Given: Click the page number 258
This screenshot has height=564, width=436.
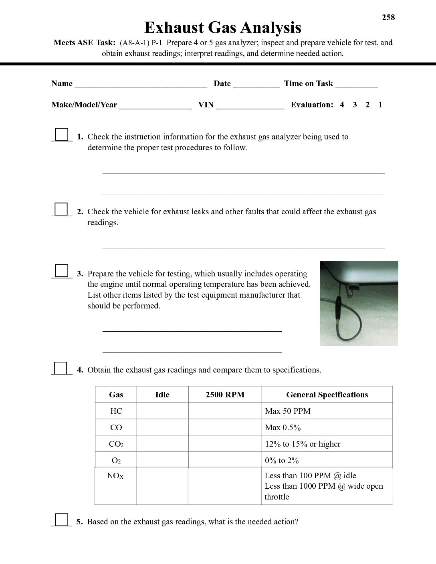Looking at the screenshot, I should tap(388, 17).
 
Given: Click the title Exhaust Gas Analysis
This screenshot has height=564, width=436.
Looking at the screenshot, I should tap(222, 28).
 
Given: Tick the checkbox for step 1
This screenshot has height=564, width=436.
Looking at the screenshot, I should tap(62, 134).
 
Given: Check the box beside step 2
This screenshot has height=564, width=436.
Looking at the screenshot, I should tap(61, 209).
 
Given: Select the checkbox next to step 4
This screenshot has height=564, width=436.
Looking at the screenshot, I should tap(61, 368).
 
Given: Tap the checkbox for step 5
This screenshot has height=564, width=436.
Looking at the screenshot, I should tap(61, 519).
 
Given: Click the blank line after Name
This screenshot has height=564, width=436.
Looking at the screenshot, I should tap(141, 85).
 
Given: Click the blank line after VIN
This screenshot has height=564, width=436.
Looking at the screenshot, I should tap(250, 106).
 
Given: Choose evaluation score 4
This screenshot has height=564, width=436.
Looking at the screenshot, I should tap(342, 105).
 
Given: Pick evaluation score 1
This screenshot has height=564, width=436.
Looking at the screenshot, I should tap(380, 105).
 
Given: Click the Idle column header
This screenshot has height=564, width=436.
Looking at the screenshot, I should tap(162, 395).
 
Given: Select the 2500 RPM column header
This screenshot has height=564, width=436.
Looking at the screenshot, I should tap(225, 395).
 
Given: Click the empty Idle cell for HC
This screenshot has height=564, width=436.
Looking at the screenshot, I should tap(162, 411).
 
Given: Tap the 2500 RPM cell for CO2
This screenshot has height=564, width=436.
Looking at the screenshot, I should tap(225, 444).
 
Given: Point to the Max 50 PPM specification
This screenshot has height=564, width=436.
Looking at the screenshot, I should tap(288, 411).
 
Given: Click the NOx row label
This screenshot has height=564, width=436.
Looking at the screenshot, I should tap(115, 476).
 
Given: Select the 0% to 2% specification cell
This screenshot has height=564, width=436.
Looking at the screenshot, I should tap(282, 460).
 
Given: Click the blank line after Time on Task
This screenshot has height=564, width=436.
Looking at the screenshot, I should tap(357, 85).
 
